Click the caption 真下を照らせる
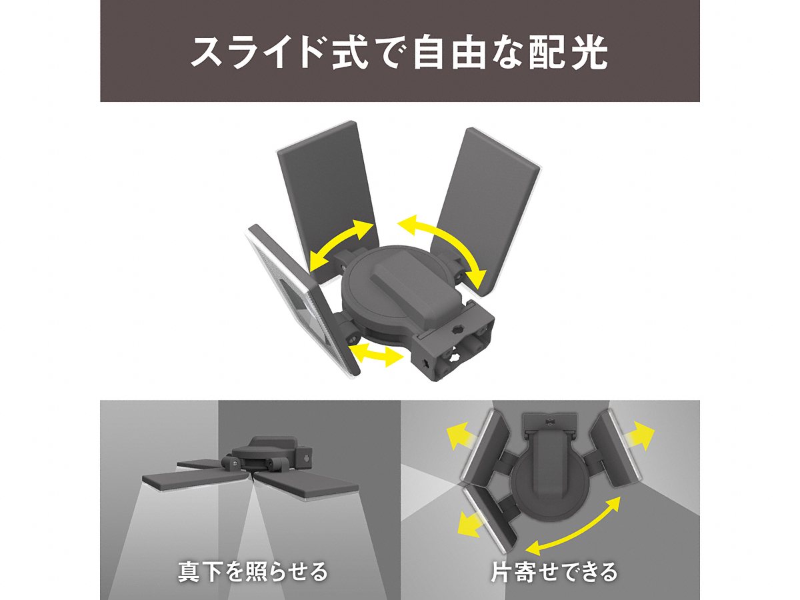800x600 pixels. (253, 571)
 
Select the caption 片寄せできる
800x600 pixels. (553, 571)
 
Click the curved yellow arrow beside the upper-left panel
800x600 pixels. (341, 245)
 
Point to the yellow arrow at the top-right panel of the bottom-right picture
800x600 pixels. (639, 436)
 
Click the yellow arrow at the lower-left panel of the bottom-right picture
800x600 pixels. (471, 525)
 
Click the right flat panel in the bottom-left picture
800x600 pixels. (307, 487)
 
